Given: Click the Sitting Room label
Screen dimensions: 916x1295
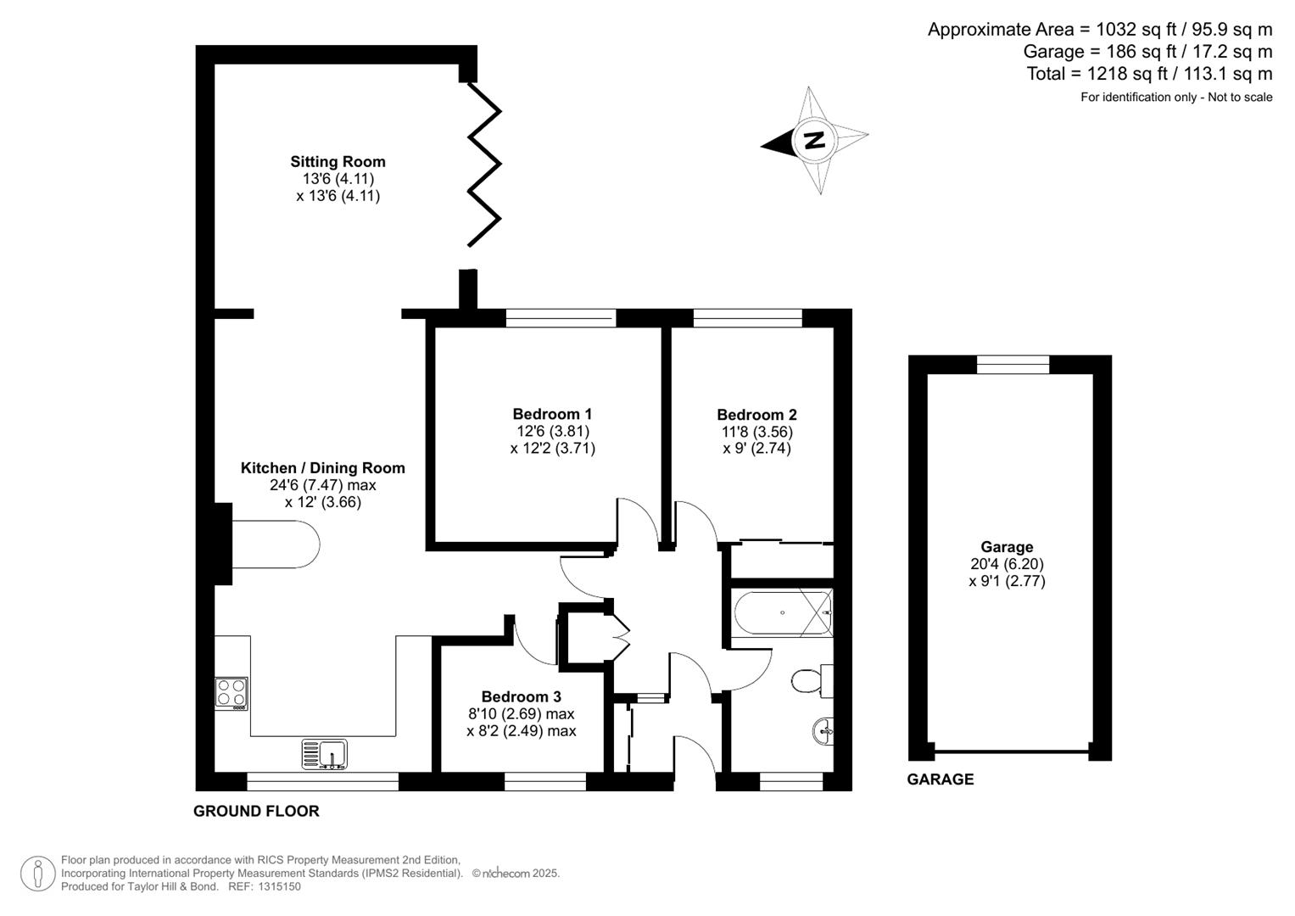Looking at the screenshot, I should pyautogui.click(x=338, y=161).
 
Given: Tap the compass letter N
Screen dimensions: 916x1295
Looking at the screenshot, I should pyautogui.click(x=814, y=140).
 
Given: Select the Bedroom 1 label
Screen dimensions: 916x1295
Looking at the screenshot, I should pyautogui.click(x=552, y=414).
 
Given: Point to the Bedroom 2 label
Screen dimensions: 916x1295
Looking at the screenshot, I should pyautogui.click(x=756, y=415).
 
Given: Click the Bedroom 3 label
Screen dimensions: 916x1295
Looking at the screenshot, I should pyautogui.click(x=521, y=697).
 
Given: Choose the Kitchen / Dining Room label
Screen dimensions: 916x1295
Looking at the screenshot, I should pyautogui.click(x=322, y=467).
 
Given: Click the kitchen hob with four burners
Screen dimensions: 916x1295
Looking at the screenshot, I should pyautogui.click(x=232, y=693).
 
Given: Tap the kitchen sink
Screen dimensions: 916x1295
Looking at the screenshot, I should pyautogui.click(x=324, y=753).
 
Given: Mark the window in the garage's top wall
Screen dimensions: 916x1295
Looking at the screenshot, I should pyautogui.click(x=1013, y=365).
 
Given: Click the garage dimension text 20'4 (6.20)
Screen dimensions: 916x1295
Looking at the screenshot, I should pyautogui.click(x=1007, y=564).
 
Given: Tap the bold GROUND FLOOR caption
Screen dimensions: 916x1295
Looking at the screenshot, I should pyautogui.click(x=256, y=811).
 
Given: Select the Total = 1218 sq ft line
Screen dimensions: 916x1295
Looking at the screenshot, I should pyautogui.click(x=1149, y=74).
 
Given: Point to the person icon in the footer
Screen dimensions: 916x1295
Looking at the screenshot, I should pyautogui.click(x=38, y=874).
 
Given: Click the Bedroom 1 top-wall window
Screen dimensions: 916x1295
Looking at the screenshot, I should pyautogui.click(x=561, y=318).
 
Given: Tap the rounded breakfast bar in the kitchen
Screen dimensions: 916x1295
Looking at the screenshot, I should pyautogui.click(x=276, y=544).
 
